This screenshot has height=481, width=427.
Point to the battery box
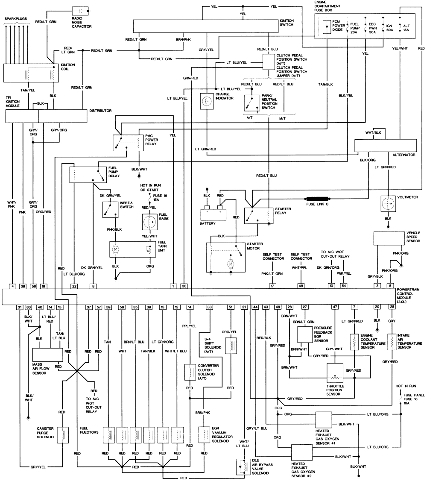click(x=214, y=212)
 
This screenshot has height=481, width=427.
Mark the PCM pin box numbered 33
click(x=209, y=307)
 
